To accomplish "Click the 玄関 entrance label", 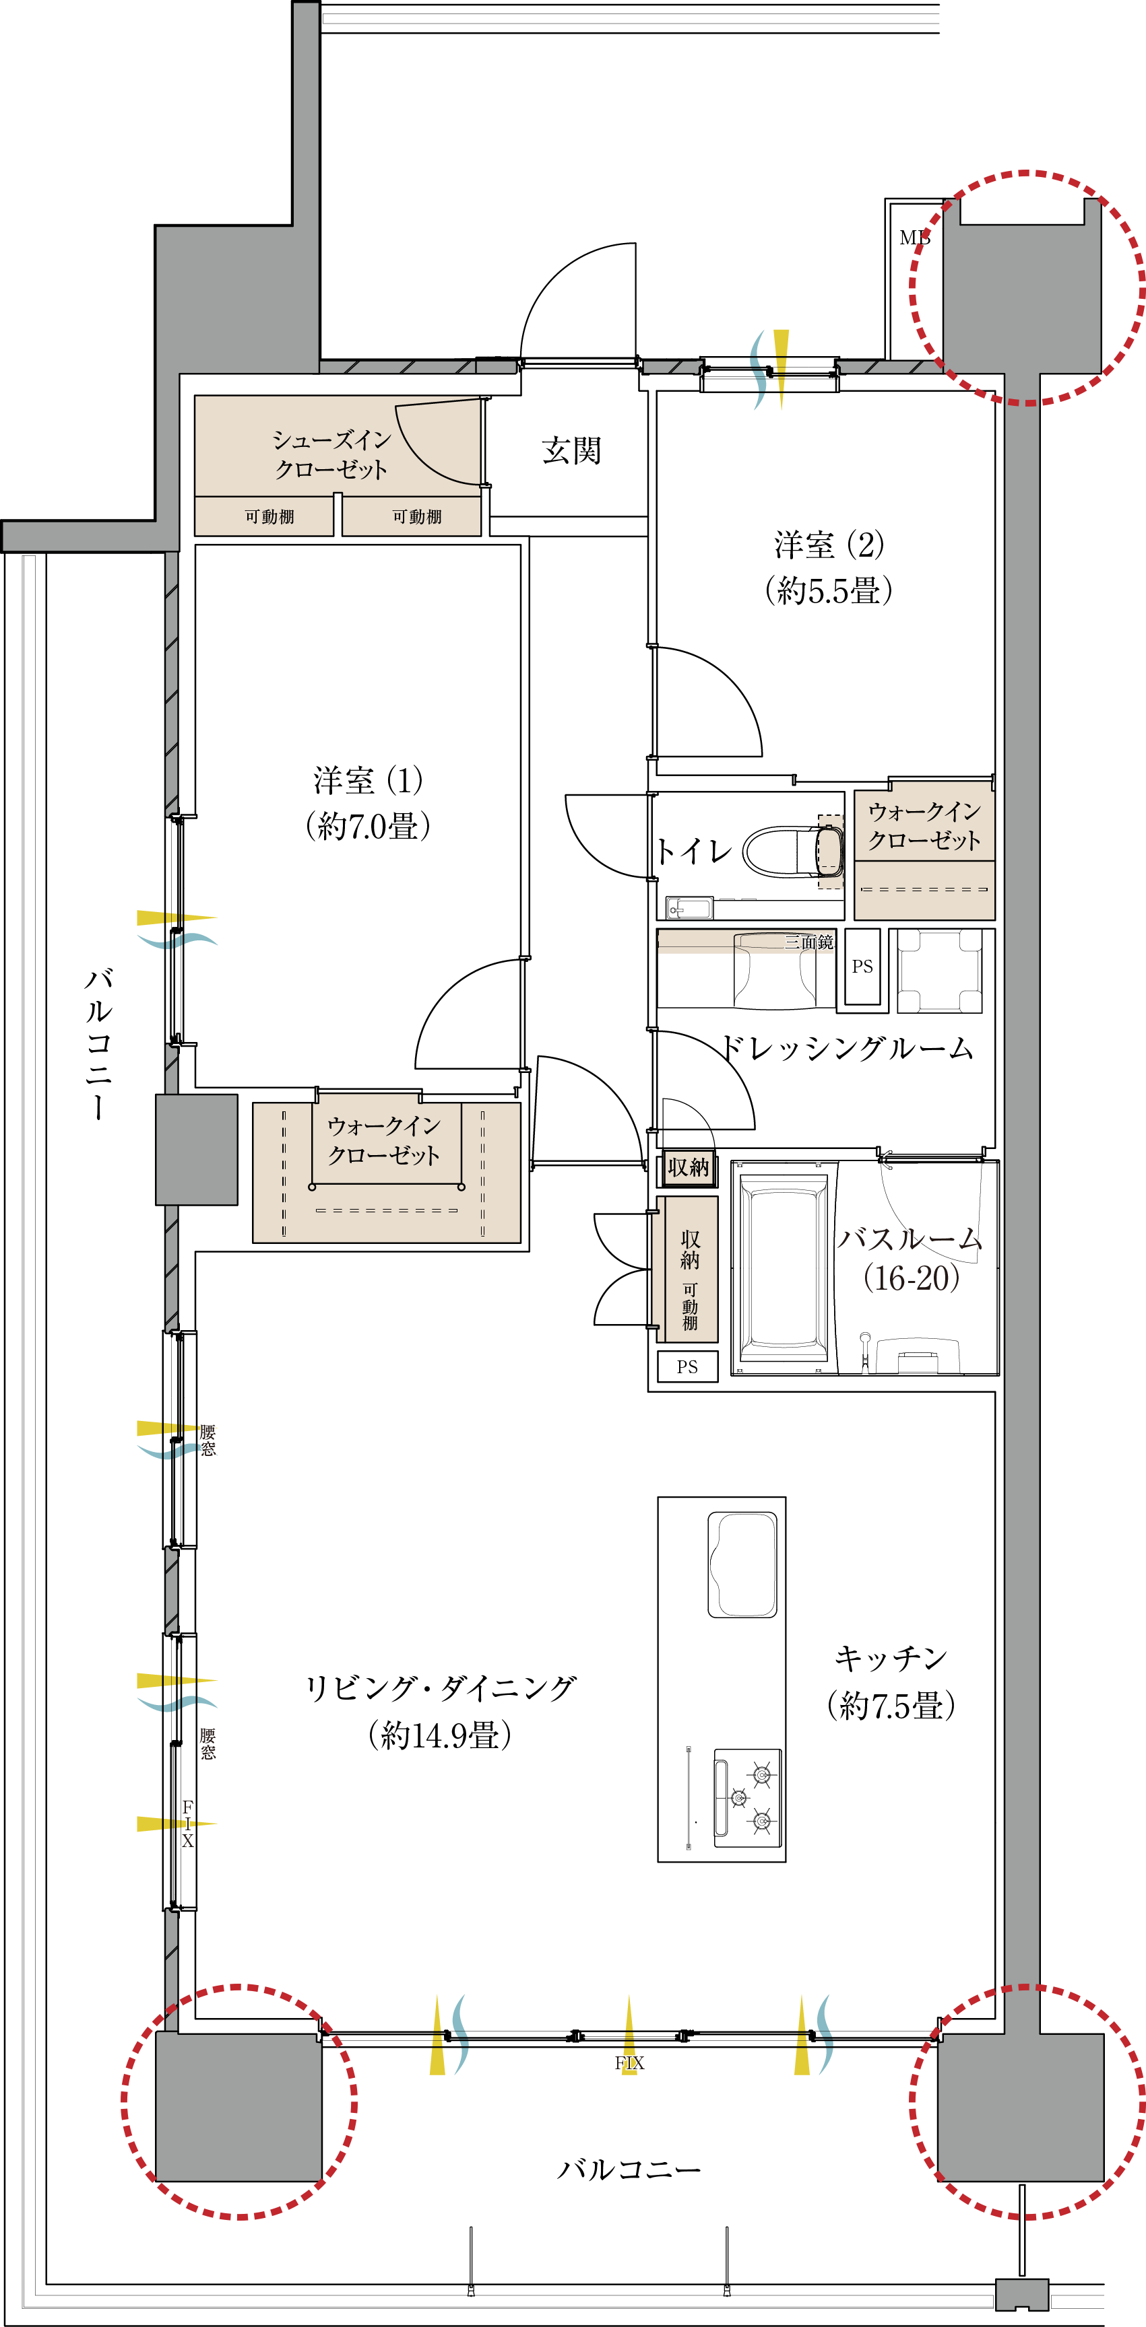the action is [x=571, y=450].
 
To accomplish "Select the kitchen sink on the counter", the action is [x=742, y=1564].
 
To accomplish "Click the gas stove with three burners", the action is [x=747, y=1793].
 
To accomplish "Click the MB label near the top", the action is [x=914, y=238].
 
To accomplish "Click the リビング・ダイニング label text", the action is [x=440, y=1688].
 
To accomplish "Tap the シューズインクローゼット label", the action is [x=331, y=454].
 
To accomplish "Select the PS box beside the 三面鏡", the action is [x=862, y=967].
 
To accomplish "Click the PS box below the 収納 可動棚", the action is [x=687, y=1366].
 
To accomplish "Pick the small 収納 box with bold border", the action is [x=688, y=1167].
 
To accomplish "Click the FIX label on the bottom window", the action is [x=629, y=2063].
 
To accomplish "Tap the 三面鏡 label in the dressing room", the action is [x=809, y=942].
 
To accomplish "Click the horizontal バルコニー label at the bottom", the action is [x=629, y=2169].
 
